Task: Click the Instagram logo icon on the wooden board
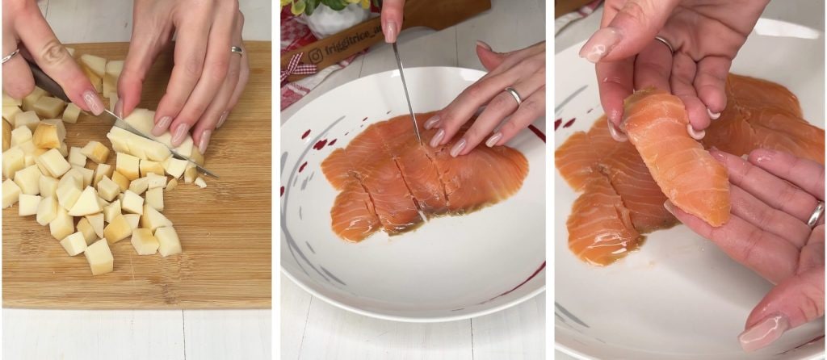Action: pyautogui.click(x=315, y=56)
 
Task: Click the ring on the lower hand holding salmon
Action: pyautogui.click(x=816, y=215)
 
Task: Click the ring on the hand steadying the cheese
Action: pyautogui.click(x=237, y=50)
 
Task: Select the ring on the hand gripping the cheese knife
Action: pyautogui.click(x=10, y=56)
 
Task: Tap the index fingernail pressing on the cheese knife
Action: pyautogui.click(x=94, y=103)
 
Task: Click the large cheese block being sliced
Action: pyautogui.click(x=145, y=136)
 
